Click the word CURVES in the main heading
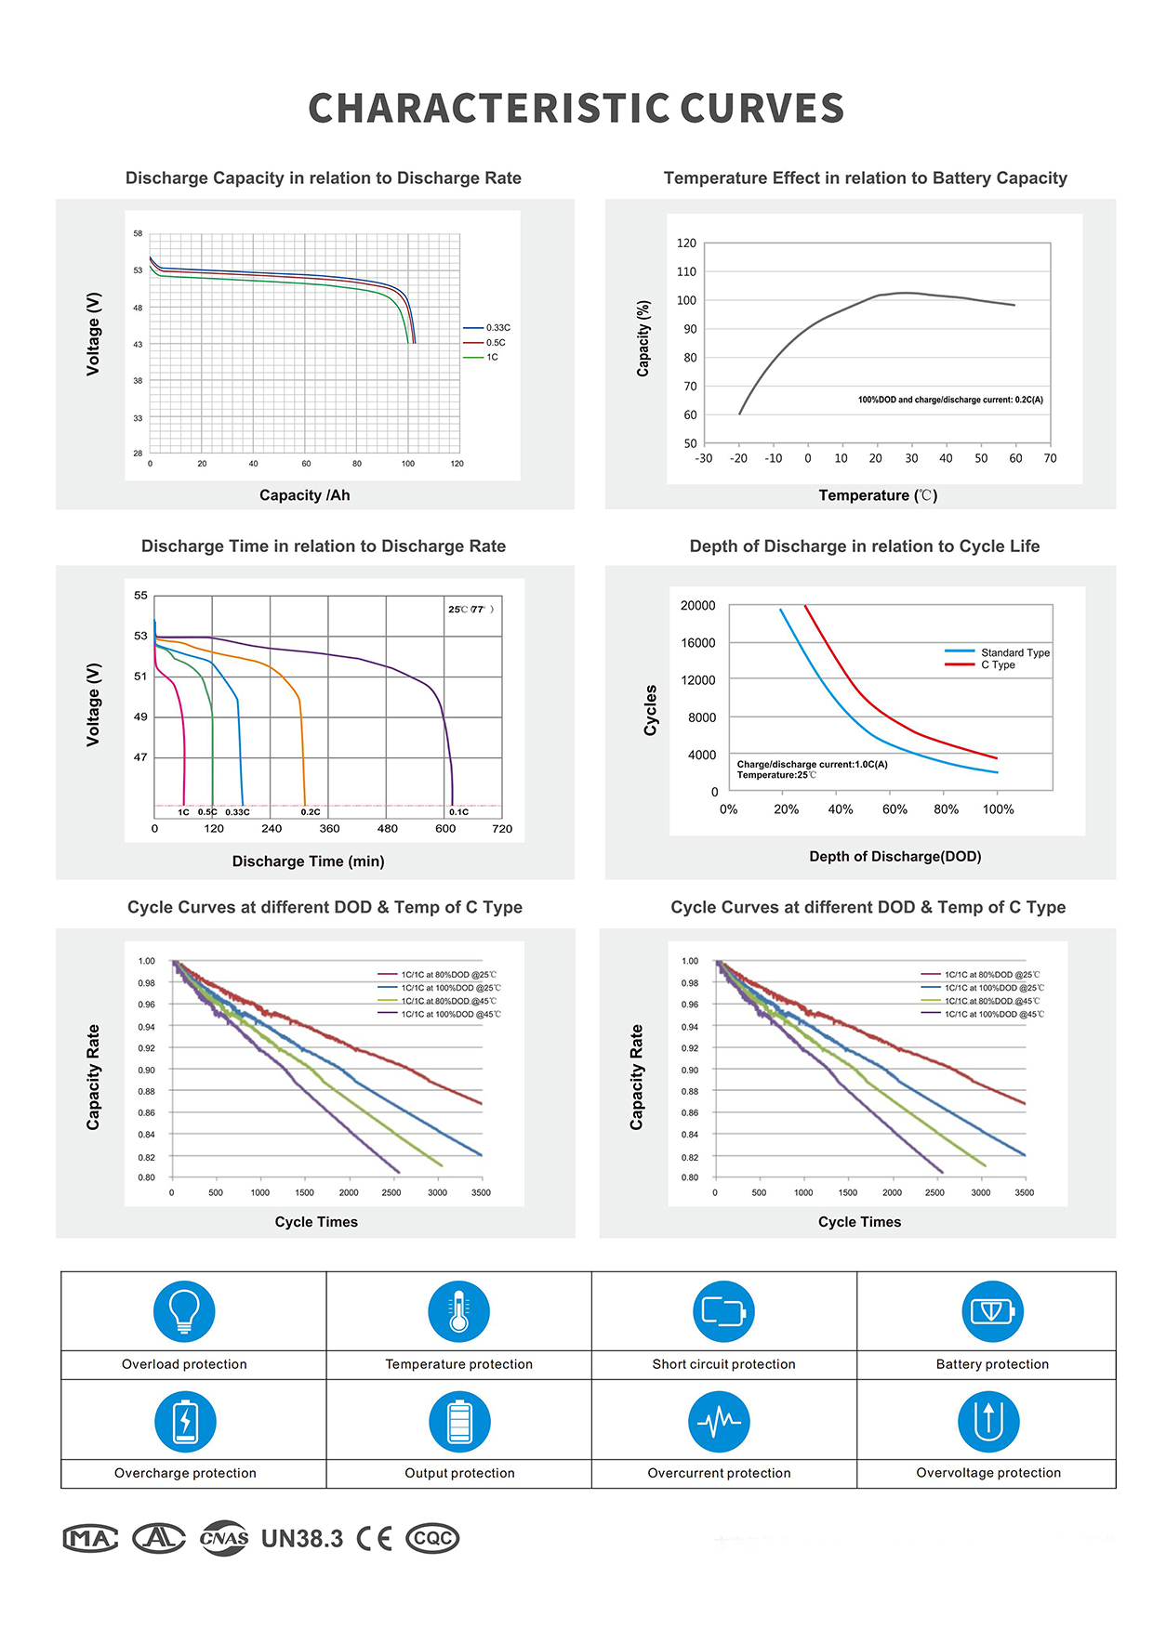(762, 109)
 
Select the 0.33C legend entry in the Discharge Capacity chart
(497, 328)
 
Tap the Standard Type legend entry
(1014, 652)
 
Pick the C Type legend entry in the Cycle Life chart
(998, 665)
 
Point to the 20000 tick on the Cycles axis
(697, 606)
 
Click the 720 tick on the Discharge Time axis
(502, 829)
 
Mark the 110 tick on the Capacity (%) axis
(686, 271)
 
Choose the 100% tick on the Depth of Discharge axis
(998, 809)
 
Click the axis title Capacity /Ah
(304, 495)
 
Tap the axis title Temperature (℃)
(878, 495)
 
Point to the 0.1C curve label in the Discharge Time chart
(458, 812)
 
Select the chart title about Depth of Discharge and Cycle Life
(864, 546)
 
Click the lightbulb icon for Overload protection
(184, 1311)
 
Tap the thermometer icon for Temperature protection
(458, 1311)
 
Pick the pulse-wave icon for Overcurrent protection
(719, 1422)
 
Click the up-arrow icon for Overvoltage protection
(988, 1422)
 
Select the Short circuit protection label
(723, 1364)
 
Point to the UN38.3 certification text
(302, 1539)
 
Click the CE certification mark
(374, 1539)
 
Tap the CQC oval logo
(432, 1539)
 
